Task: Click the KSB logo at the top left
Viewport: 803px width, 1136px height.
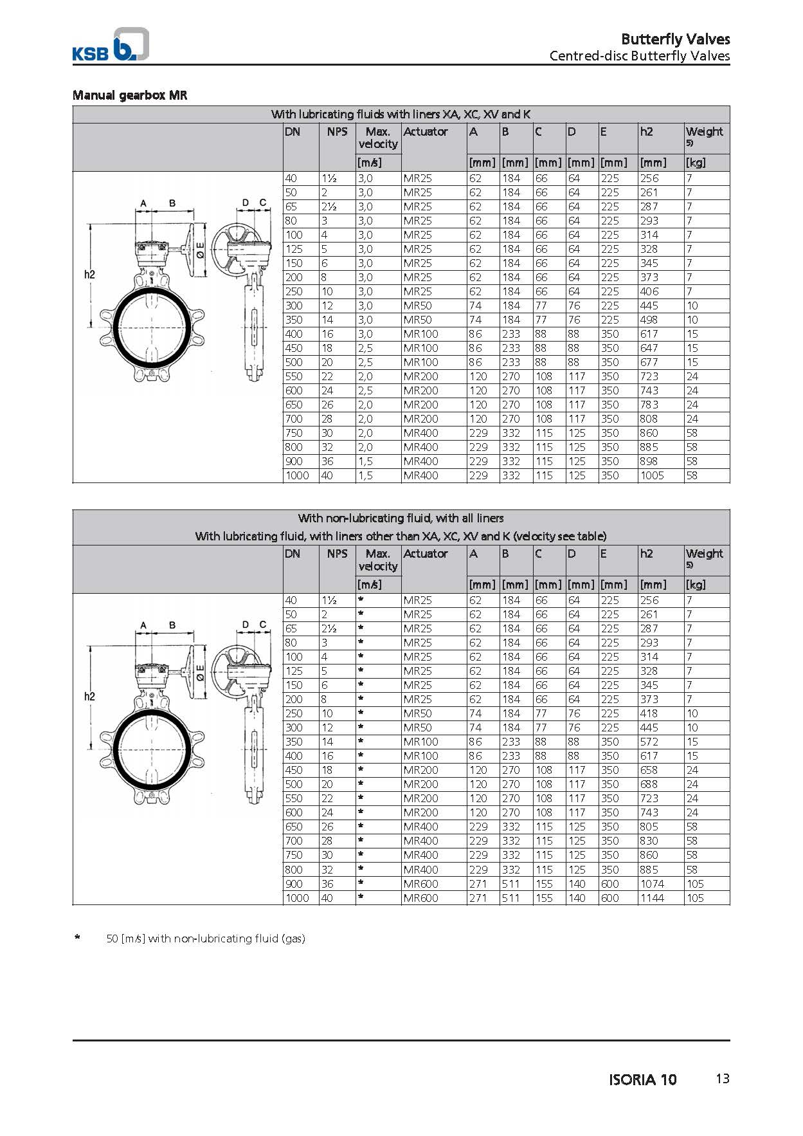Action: pos(110,45)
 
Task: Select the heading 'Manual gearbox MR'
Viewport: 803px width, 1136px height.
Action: pos(129,95)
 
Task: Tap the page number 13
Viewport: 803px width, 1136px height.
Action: pos(722,1079)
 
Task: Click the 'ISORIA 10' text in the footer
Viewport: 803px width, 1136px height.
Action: pos(642,1079)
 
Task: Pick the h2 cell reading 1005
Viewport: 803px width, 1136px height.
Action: pos(652,475)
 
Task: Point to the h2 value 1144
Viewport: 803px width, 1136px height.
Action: pos(652,897)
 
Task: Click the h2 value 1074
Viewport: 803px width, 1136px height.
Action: pos(652,883)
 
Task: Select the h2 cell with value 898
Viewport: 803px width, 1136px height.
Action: pos(649,461)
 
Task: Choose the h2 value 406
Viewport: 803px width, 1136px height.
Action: pos(649,291)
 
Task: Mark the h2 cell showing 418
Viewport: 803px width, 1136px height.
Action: pos(649,713)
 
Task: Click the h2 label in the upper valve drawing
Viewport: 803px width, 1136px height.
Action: pos(89,275)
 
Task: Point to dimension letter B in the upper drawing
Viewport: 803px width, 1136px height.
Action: pos(172,203)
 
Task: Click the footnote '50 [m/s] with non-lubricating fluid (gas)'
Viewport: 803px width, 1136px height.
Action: pos(205,939)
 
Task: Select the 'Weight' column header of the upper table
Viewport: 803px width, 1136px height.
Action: pos(704,132)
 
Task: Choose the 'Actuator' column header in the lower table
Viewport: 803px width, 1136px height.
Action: pos(425,554)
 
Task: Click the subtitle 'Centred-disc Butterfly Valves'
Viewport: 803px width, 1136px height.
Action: pos(639,56)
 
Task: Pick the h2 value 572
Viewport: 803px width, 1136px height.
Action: pos(649,742)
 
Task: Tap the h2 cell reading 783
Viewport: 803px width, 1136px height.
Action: pos(649,405)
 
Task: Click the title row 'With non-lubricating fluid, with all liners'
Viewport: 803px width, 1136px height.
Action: pos(401,518)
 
